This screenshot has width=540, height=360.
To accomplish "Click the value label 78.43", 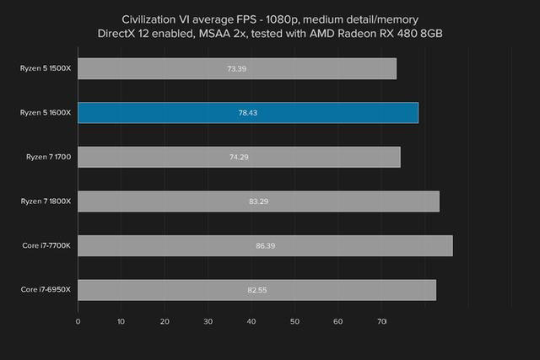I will (x=248, y=113).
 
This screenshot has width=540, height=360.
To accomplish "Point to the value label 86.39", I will (x=265, y=245).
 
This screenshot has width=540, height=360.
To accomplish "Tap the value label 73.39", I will (x=237, y=68).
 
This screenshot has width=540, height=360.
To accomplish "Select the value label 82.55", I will (x=257, y=290).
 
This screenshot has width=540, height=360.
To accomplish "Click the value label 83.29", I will (x=258, y=201).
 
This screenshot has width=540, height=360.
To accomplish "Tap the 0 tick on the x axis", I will (x=78, y=321).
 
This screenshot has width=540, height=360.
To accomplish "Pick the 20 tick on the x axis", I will (x=165, y=321).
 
